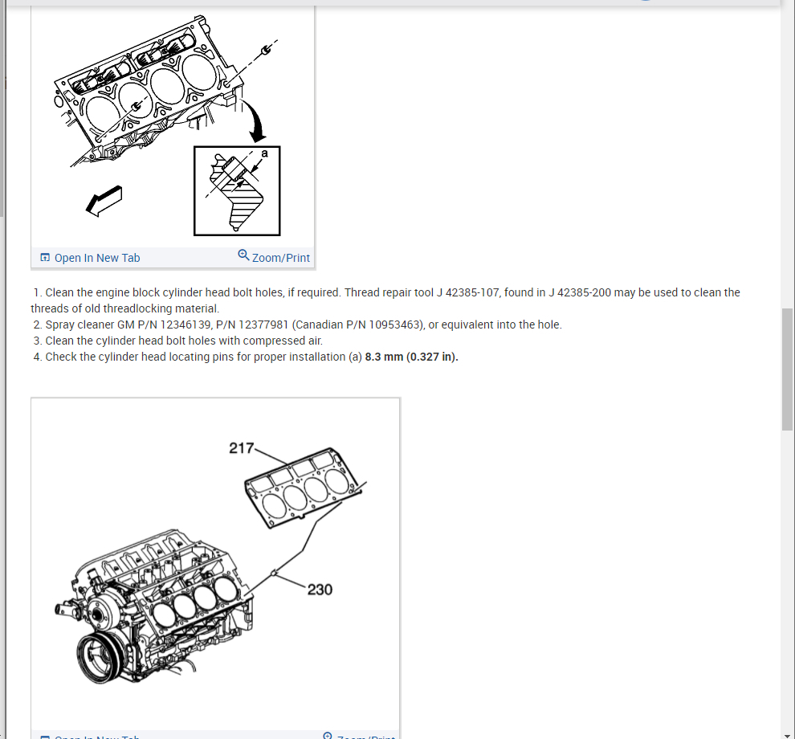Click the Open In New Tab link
(96, 258)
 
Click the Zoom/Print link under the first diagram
(280, 258)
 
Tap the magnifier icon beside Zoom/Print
(243, 255)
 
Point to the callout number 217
(241, 448)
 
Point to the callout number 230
(320, 590)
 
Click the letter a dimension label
(265, 153)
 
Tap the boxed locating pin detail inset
(237, 191)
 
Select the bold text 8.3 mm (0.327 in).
(411, 357)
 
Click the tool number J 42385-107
(467, 292)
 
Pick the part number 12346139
(181, 325)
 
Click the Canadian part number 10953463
(389, 325)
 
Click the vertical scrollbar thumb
(787, 369)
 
